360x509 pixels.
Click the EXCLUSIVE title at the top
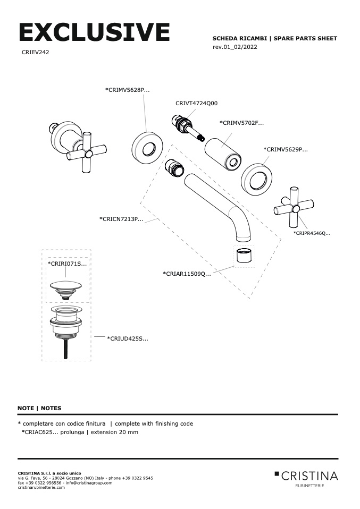94,32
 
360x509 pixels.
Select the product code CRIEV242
36,53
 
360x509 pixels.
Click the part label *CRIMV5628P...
127,90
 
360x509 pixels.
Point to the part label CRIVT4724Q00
196,103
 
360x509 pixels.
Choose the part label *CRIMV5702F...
241,123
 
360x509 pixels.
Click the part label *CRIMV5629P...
286,149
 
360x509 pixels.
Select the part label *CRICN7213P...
121,219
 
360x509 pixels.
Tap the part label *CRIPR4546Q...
312,233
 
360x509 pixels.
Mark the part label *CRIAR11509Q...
187,274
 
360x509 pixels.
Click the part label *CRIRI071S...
67,263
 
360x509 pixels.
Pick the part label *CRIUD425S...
128,338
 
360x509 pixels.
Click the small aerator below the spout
245,256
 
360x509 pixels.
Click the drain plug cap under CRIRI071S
66,287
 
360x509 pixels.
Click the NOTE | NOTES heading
39,408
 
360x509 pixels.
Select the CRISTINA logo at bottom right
306,476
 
